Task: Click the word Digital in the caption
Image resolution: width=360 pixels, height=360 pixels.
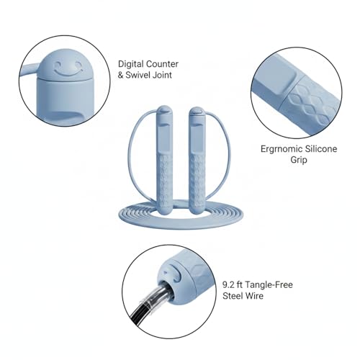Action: pyautogui.click(x=131, y=65)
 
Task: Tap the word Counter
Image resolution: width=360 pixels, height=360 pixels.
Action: pyautogui.click(x=162, y=64)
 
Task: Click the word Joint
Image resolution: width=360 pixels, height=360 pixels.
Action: pyautogui.click(x=163, y=75)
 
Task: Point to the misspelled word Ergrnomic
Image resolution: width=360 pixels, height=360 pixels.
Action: pyautogui.click(x=282, y=149)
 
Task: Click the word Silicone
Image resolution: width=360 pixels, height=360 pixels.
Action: pyautogui.click(x=321, y=149)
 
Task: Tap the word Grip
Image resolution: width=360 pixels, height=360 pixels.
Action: pyautogui.click(x=299, y=160)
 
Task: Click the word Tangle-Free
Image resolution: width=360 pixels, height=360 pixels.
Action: pyautogui.click(x=269, y=285)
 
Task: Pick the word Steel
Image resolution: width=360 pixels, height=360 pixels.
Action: pyautogui.click(x=232, y=296)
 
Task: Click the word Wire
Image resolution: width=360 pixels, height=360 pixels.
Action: pyautogui.click(x=253, y=296)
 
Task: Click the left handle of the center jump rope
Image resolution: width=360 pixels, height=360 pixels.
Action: pyautogui.click(x=165, y=161)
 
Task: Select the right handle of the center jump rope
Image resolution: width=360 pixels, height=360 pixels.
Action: pyautogui.click(x=197, y=161)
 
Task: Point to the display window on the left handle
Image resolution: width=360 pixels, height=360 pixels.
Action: pyautogui.click(x=164, y=139)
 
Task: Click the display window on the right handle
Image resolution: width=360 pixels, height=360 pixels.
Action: pyautogui.click(x=197, y=139)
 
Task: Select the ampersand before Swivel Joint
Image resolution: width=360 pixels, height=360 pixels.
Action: pyautogui.click(x=120, y=75)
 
